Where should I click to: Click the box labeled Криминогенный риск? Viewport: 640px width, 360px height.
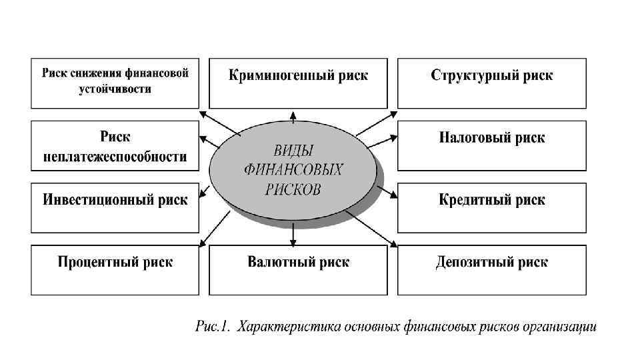click(x=298, y=83)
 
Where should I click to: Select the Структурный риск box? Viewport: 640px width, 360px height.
click(x=492, y=83)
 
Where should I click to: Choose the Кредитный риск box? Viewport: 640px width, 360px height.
click(x=492, y=207)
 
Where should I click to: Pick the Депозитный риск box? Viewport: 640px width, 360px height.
click(x=492, y=269)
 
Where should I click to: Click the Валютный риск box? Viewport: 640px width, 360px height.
click(x=298, y=269)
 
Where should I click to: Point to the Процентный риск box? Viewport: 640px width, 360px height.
click(x=115, y=269)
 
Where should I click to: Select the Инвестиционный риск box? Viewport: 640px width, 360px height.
click(x=115, y=207)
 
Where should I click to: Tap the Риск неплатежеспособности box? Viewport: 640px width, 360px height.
click(x=115, y=145)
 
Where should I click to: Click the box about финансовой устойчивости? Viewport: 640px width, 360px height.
click(x=115, y=83)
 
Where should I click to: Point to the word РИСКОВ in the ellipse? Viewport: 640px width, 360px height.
click(x=293, y=189)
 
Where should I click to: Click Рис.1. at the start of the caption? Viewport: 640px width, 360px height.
click(x=212, y=327)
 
